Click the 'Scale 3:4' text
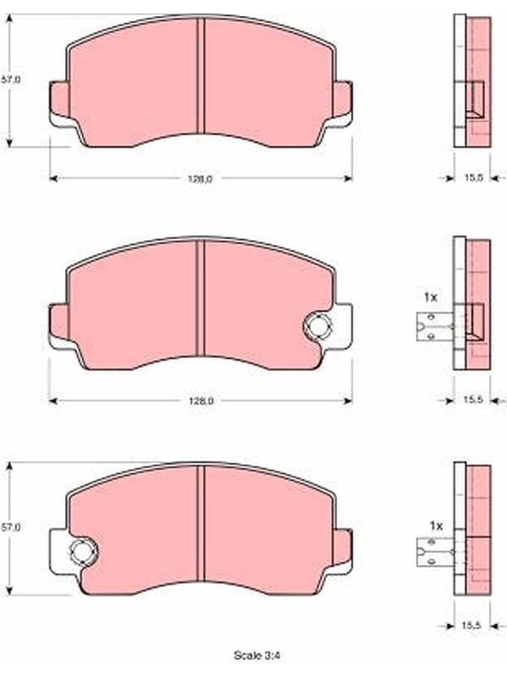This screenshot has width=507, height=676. point(257,656)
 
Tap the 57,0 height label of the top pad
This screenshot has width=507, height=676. point(10,79)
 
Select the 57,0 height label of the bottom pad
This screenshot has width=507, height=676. point(10,526)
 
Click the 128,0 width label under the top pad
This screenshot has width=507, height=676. point(199,179)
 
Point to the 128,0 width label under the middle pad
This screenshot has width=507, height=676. point(201,401)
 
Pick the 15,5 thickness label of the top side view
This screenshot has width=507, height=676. point(473,177)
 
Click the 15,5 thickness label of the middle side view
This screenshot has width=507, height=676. point(473,400)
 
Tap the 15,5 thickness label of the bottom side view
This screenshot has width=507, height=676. point(471,625)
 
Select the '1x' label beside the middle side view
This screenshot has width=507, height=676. point(431,297)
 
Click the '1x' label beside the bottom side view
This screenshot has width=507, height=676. point(436,526)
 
